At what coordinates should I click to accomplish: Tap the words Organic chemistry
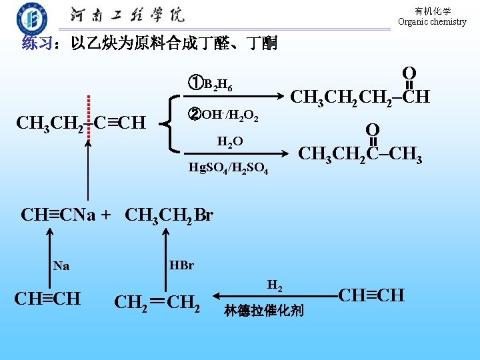(432, 22)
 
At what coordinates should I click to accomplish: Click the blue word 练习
(37, 45)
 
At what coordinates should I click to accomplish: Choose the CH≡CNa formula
(59, 215)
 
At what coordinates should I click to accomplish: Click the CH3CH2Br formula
(169, 215)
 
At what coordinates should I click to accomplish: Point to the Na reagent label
(61, 265)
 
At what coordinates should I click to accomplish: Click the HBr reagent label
(181, 265)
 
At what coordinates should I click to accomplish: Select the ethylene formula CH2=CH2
(157, 301)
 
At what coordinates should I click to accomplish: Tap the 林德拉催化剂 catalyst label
(264, 311)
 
